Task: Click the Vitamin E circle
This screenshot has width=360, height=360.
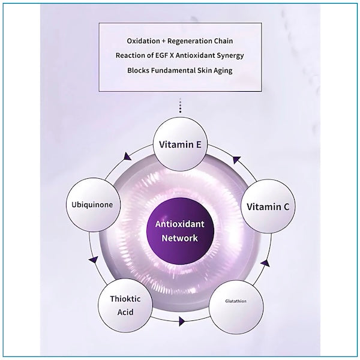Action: point(180,144)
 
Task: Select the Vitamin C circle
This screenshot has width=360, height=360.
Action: point(268,206)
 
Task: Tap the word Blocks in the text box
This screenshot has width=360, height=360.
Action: point(140,70)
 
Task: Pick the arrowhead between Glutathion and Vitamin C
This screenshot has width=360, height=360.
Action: point(265,263)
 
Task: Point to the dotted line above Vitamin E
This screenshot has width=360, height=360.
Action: point(180,107)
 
